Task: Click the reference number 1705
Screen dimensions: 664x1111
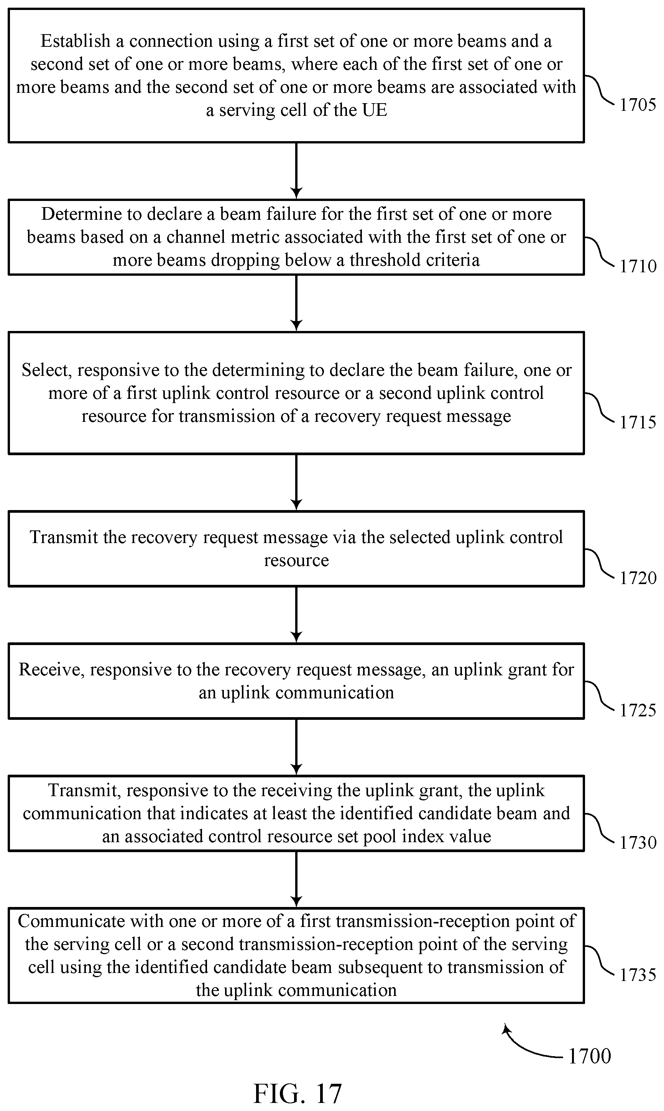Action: pos(638,105)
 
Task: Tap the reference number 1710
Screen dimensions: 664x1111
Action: pos(638,266)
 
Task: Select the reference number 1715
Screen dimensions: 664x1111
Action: pos(638,422)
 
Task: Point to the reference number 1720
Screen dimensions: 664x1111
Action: pos(638,578)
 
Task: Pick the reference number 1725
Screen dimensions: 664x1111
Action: pos(638,711)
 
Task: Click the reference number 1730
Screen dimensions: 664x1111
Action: pos(638,843)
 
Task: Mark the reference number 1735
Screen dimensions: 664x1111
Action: pos(638,975)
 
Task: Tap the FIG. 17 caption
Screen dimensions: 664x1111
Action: pos(297,1093)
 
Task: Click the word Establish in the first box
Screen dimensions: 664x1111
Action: pos(75,41)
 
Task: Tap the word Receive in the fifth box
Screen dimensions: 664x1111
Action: pos(49,670)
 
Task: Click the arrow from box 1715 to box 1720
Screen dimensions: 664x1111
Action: pos(296,482)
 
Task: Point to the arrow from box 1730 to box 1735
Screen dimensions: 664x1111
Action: pos(296,879)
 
